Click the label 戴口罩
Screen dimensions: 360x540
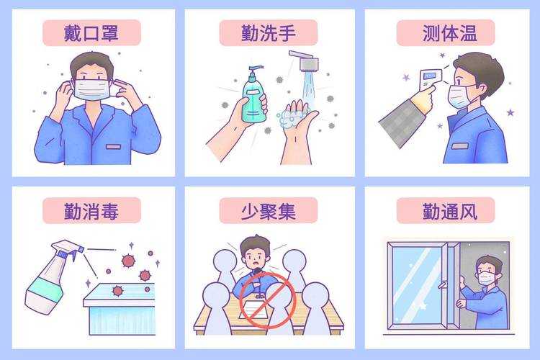click(x=91, y=32)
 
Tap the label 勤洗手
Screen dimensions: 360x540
click(x=269, y=32)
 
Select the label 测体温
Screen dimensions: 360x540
click(x=446, y=32)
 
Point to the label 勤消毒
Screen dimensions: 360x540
click(x=91, y=210)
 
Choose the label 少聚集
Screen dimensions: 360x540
click(x=269, y=210)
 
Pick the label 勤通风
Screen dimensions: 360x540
click(x=446, y=210)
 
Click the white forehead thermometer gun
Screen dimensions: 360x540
click(x=430, y=78)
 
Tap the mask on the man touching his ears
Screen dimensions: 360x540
click(x=92, y=89)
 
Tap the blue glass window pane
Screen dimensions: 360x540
click(x=418, y=277)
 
